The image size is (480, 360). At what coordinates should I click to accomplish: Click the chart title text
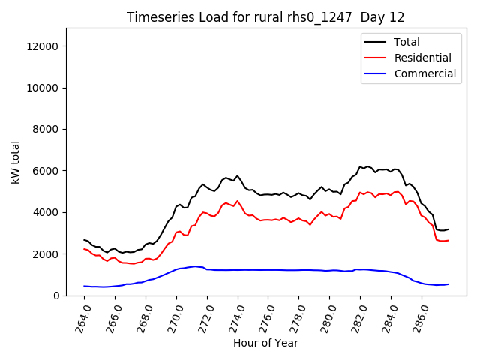(265, 17)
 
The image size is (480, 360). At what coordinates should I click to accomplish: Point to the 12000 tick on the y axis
(43, 46)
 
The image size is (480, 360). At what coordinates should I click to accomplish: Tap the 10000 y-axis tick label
(43, 88)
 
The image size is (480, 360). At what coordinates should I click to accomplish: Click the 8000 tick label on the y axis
(46, 130)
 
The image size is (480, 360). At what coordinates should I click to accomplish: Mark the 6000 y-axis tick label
(46, 171)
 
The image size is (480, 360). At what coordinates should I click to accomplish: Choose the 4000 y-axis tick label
(46, 212)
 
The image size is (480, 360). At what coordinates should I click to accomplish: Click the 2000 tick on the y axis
(46, 254)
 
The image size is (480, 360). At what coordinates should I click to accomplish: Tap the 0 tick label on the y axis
(57, 295)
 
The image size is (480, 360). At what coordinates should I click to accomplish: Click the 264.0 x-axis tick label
(82, 316)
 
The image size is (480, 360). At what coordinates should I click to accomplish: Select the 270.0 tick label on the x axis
(174, 316)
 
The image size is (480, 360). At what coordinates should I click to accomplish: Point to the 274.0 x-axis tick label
(235, 316)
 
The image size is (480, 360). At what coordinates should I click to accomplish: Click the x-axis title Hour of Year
(265, 343)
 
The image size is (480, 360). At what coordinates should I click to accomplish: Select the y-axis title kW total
(16, 162)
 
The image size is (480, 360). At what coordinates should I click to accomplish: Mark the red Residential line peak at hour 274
(238, 201)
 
